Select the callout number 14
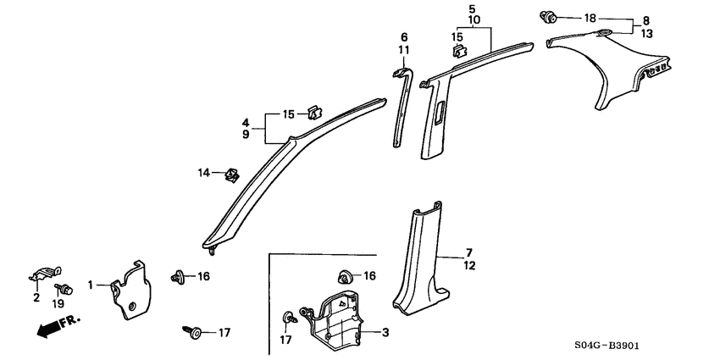click(x=203, y=173)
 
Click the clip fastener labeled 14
click(x=229, y=175)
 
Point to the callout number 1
click(x=90, y=286)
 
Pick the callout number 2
click(x=36, y=297)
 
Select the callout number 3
click(x=385, y=333)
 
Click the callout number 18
click(x=590, y=18)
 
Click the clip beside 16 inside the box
click(x=346, y=275)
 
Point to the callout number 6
click(x=404, y=37)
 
